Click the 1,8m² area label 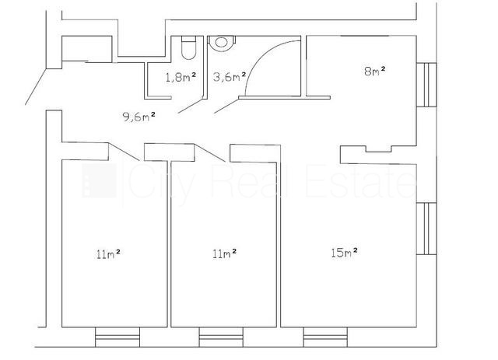[x=181, y=77]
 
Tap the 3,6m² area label [x=230, y=76]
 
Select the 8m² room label [x=375, y=71]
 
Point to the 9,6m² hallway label [x=139, y=117]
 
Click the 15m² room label [x=344, y=253]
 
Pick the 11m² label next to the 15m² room [x=225, y=253]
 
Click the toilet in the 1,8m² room [x=188, y=47]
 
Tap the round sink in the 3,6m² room [x=221, y=43]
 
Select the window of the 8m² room [x=426, y=85]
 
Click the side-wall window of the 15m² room [x=426, y=229]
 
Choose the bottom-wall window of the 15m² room [x=325, y=337]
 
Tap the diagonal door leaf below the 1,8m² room [x=191, y=106]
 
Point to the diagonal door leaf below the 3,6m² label [x=226, y=106]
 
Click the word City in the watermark [x=162, y=183]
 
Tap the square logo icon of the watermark [x=99, y=180]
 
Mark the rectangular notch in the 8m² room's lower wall [x=379, y=149]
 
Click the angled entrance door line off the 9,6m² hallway [x=36, y=86]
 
